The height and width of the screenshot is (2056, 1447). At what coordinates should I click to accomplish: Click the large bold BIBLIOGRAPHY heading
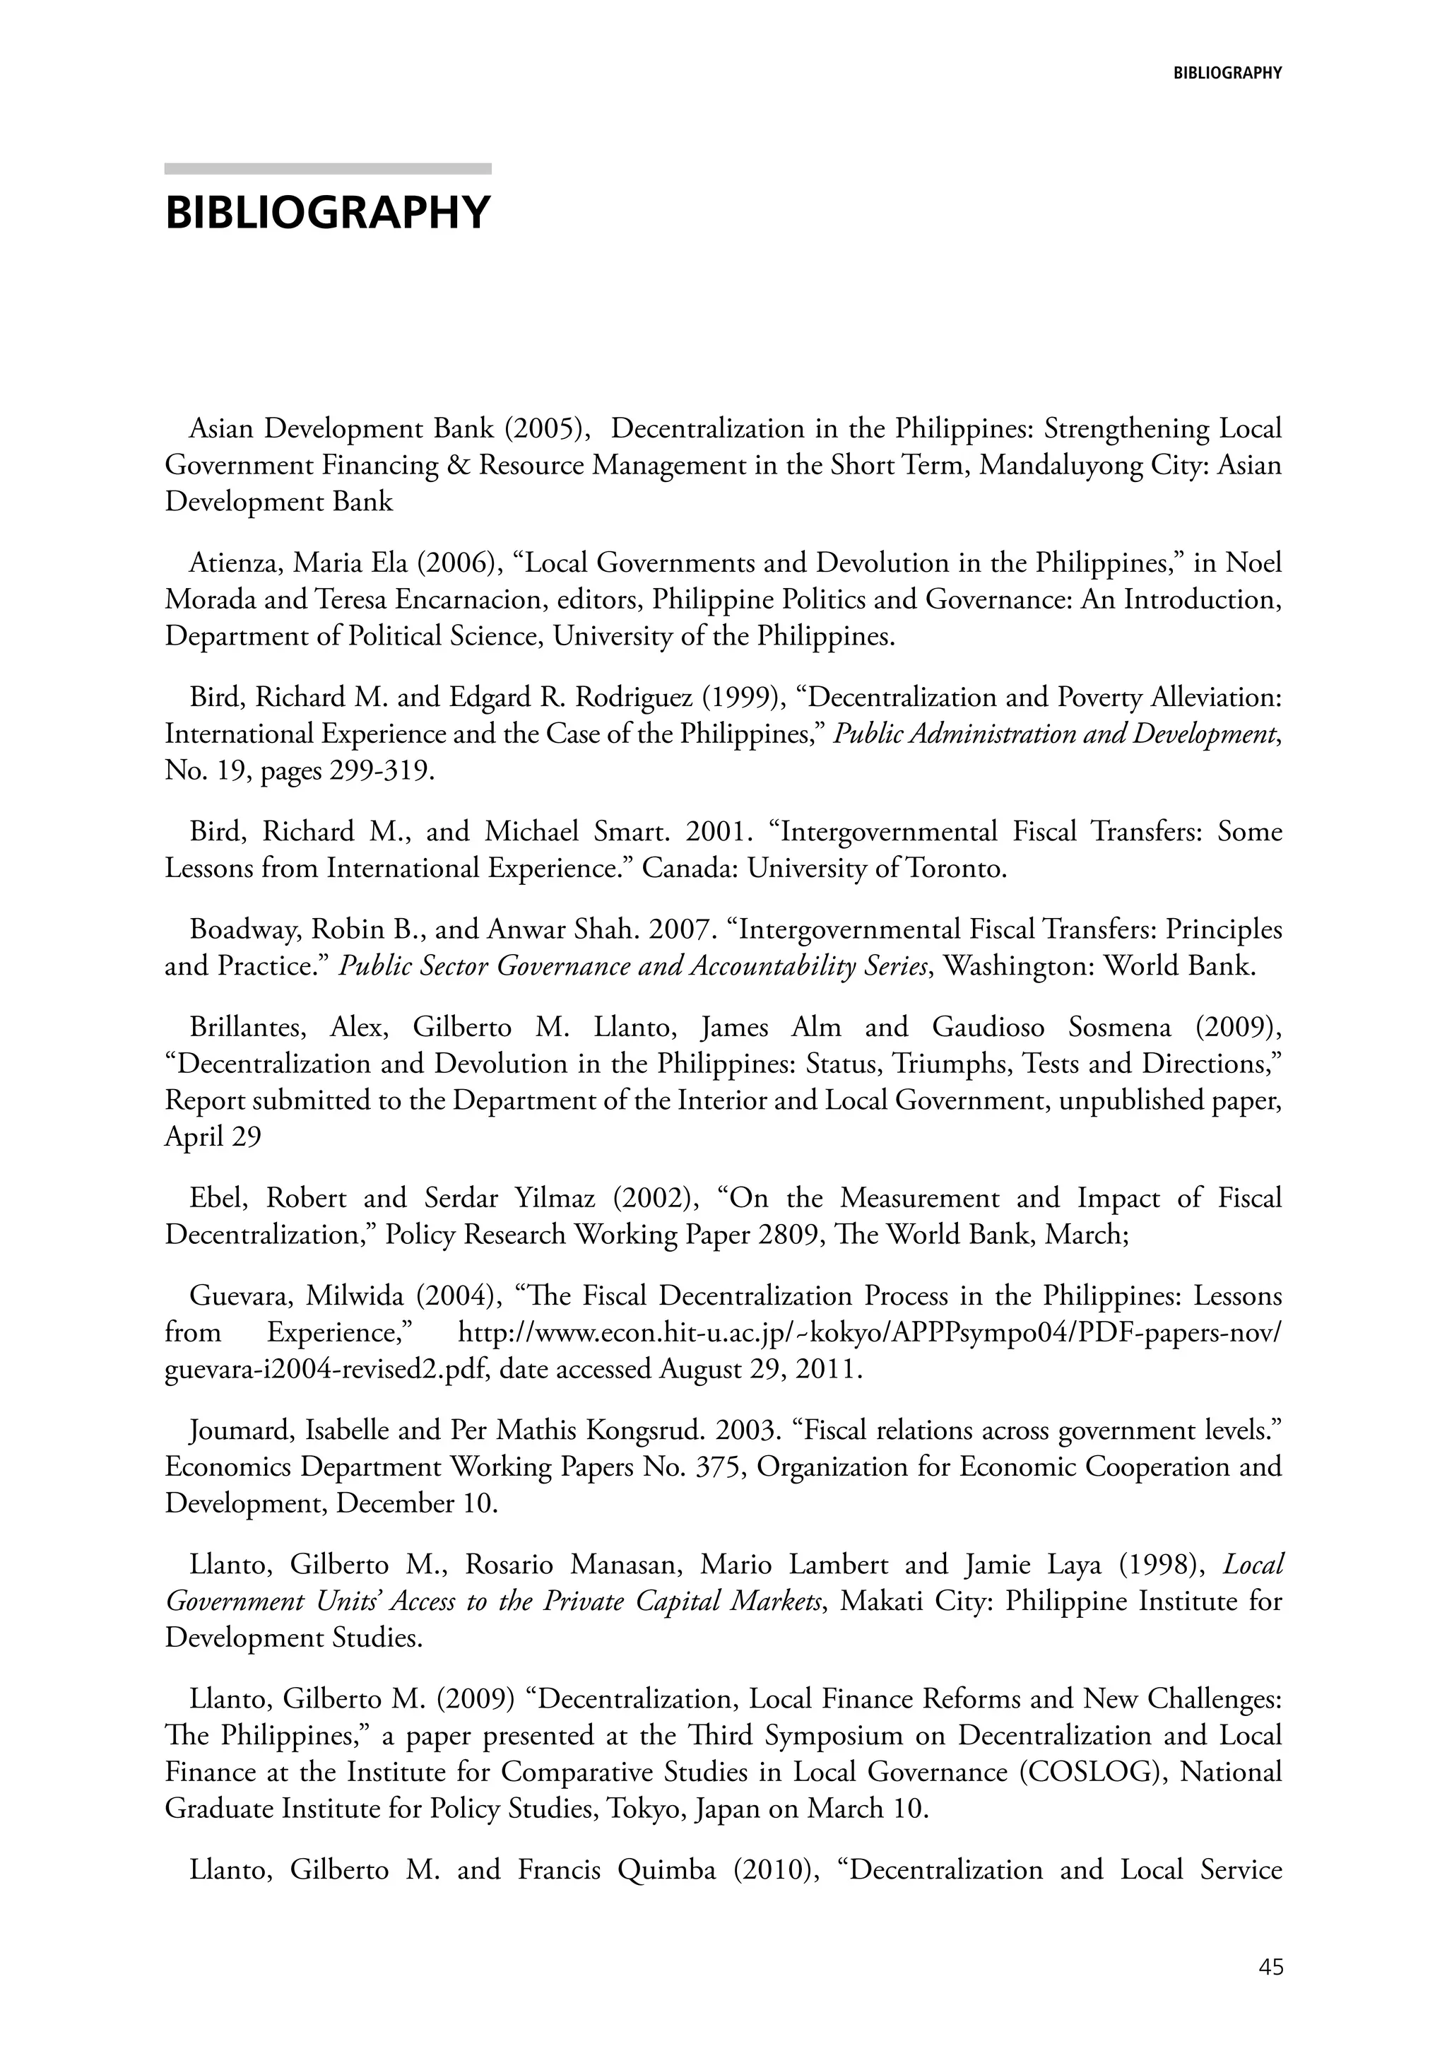(x=328, y=213)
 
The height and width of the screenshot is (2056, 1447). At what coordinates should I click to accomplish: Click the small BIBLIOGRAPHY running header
(x=1227, y=74)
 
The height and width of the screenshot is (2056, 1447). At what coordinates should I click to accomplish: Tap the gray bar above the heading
(x=328, y=168)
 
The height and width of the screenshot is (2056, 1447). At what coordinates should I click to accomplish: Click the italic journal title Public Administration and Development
(x=1054, y=734)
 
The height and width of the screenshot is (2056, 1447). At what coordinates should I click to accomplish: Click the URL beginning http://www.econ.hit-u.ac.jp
(x=868, y=1332)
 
